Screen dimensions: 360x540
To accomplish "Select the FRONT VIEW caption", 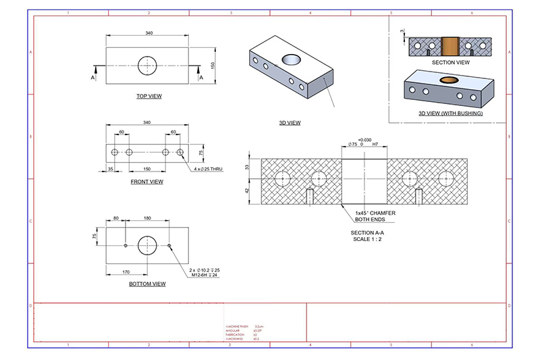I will (146, 182).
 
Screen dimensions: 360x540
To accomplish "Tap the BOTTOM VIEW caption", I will (147, 284).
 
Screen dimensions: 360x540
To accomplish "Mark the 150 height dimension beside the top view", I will (211, 65).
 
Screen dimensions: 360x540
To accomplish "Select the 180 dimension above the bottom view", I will (148, 218).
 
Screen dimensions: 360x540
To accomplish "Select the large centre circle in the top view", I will (148, 66).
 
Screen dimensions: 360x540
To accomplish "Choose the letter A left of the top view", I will (92, 78).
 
